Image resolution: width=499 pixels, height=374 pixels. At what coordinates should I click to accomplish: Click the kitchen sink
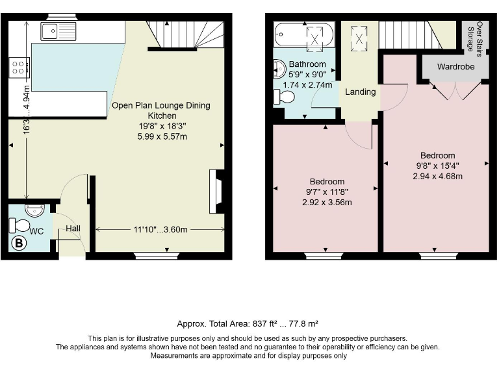point(58,30)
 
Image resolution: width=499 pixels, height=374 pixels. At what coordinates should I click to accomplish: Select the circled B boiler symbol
point(19,244)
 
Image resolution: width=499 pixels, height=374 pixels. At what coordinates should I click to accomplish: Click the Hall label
point(72,229)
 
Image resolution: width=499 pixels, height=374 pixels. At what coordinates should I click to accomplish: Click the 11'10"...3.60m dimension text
point(160,229)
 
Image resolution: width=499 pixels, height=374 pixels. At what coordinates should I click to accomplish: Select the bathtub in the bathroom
point(303,35)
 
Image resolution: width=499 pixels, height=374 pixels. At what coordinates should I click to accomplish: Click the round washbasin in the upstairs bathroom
point(279,69)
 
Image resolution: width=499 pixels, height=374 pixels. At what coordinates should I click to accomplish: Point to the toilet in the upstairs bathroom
point(284,97)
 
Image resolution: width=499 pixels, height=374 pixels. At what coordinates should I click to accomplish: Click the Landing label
point(360,92)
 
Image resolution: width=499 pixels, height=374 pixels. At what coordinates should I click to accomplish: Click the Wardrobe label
point(455,67)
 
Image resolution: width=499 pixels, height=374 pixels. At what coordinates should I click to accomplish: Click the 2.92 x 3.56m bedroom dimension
point(327,202)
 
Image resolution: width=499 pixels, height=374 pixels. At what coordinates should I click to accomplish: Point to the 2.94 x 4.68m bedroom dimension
point(437,176)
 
